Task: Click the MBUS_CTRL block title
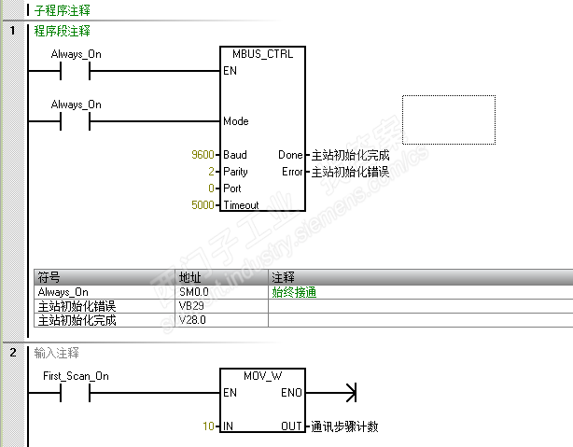[261, 54]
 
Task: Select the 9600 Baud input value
[204, 155]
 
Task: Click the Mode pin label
[236, 121]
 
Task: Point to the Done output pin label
[290, 155]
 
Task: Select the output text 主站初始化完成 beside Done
[349, 155]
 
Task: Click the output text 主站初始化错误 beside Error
[349, 172]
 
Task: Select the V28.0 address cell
[191, 320]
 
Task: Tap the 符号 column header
[48, 278]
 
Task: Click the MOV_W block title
[261, 376]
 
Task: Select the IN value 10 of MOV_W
[210, 426]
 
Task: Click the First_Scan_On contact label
[77, 376]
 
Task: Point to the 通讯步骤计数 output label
[344, 426]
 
